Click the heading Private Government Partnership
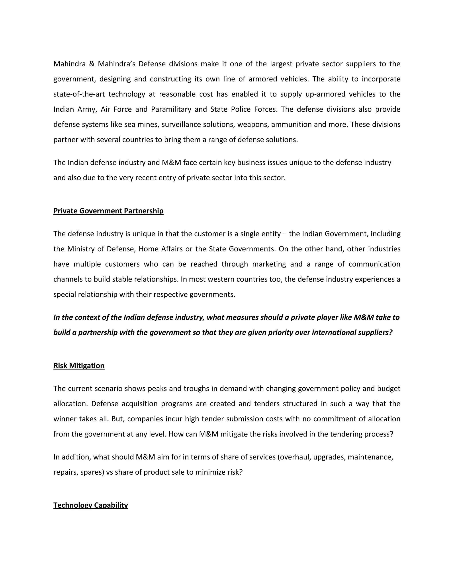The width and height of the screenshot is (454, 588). coord(108,211)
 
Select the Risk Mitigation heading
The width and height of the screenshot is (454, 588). coord(79,366)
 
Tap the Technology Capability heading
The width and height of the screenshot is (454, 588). coord(91,505)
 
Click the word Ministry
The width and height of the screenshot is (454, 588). coord(80,249)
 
